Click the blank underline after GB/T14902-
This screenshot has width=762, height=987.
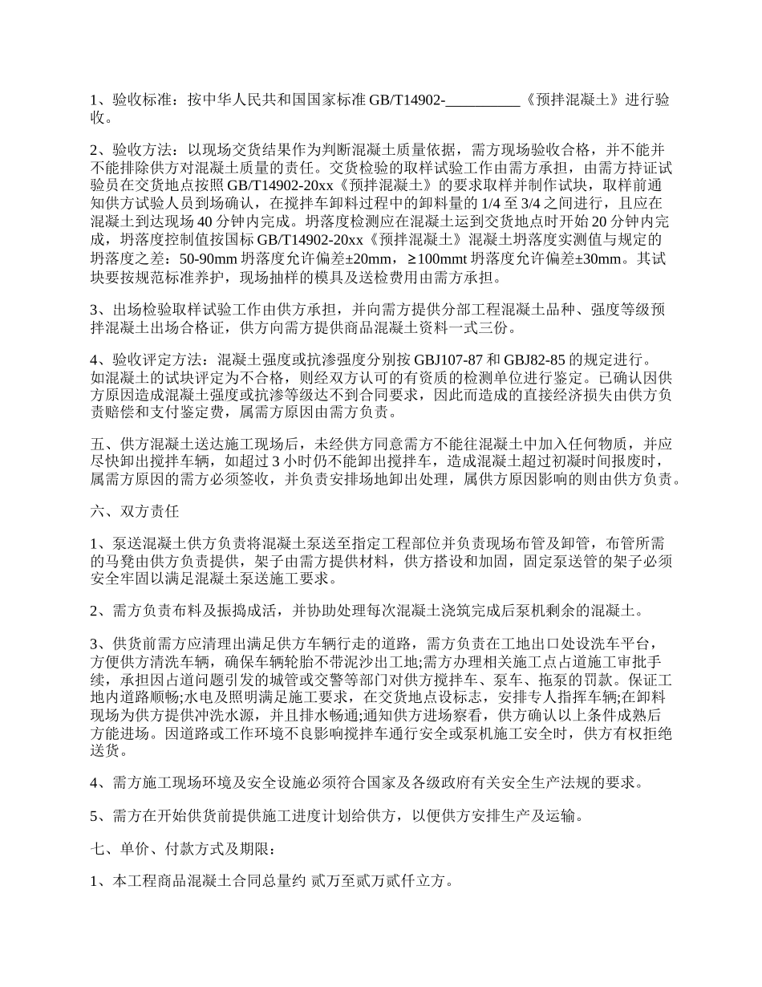pos(481,100)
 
